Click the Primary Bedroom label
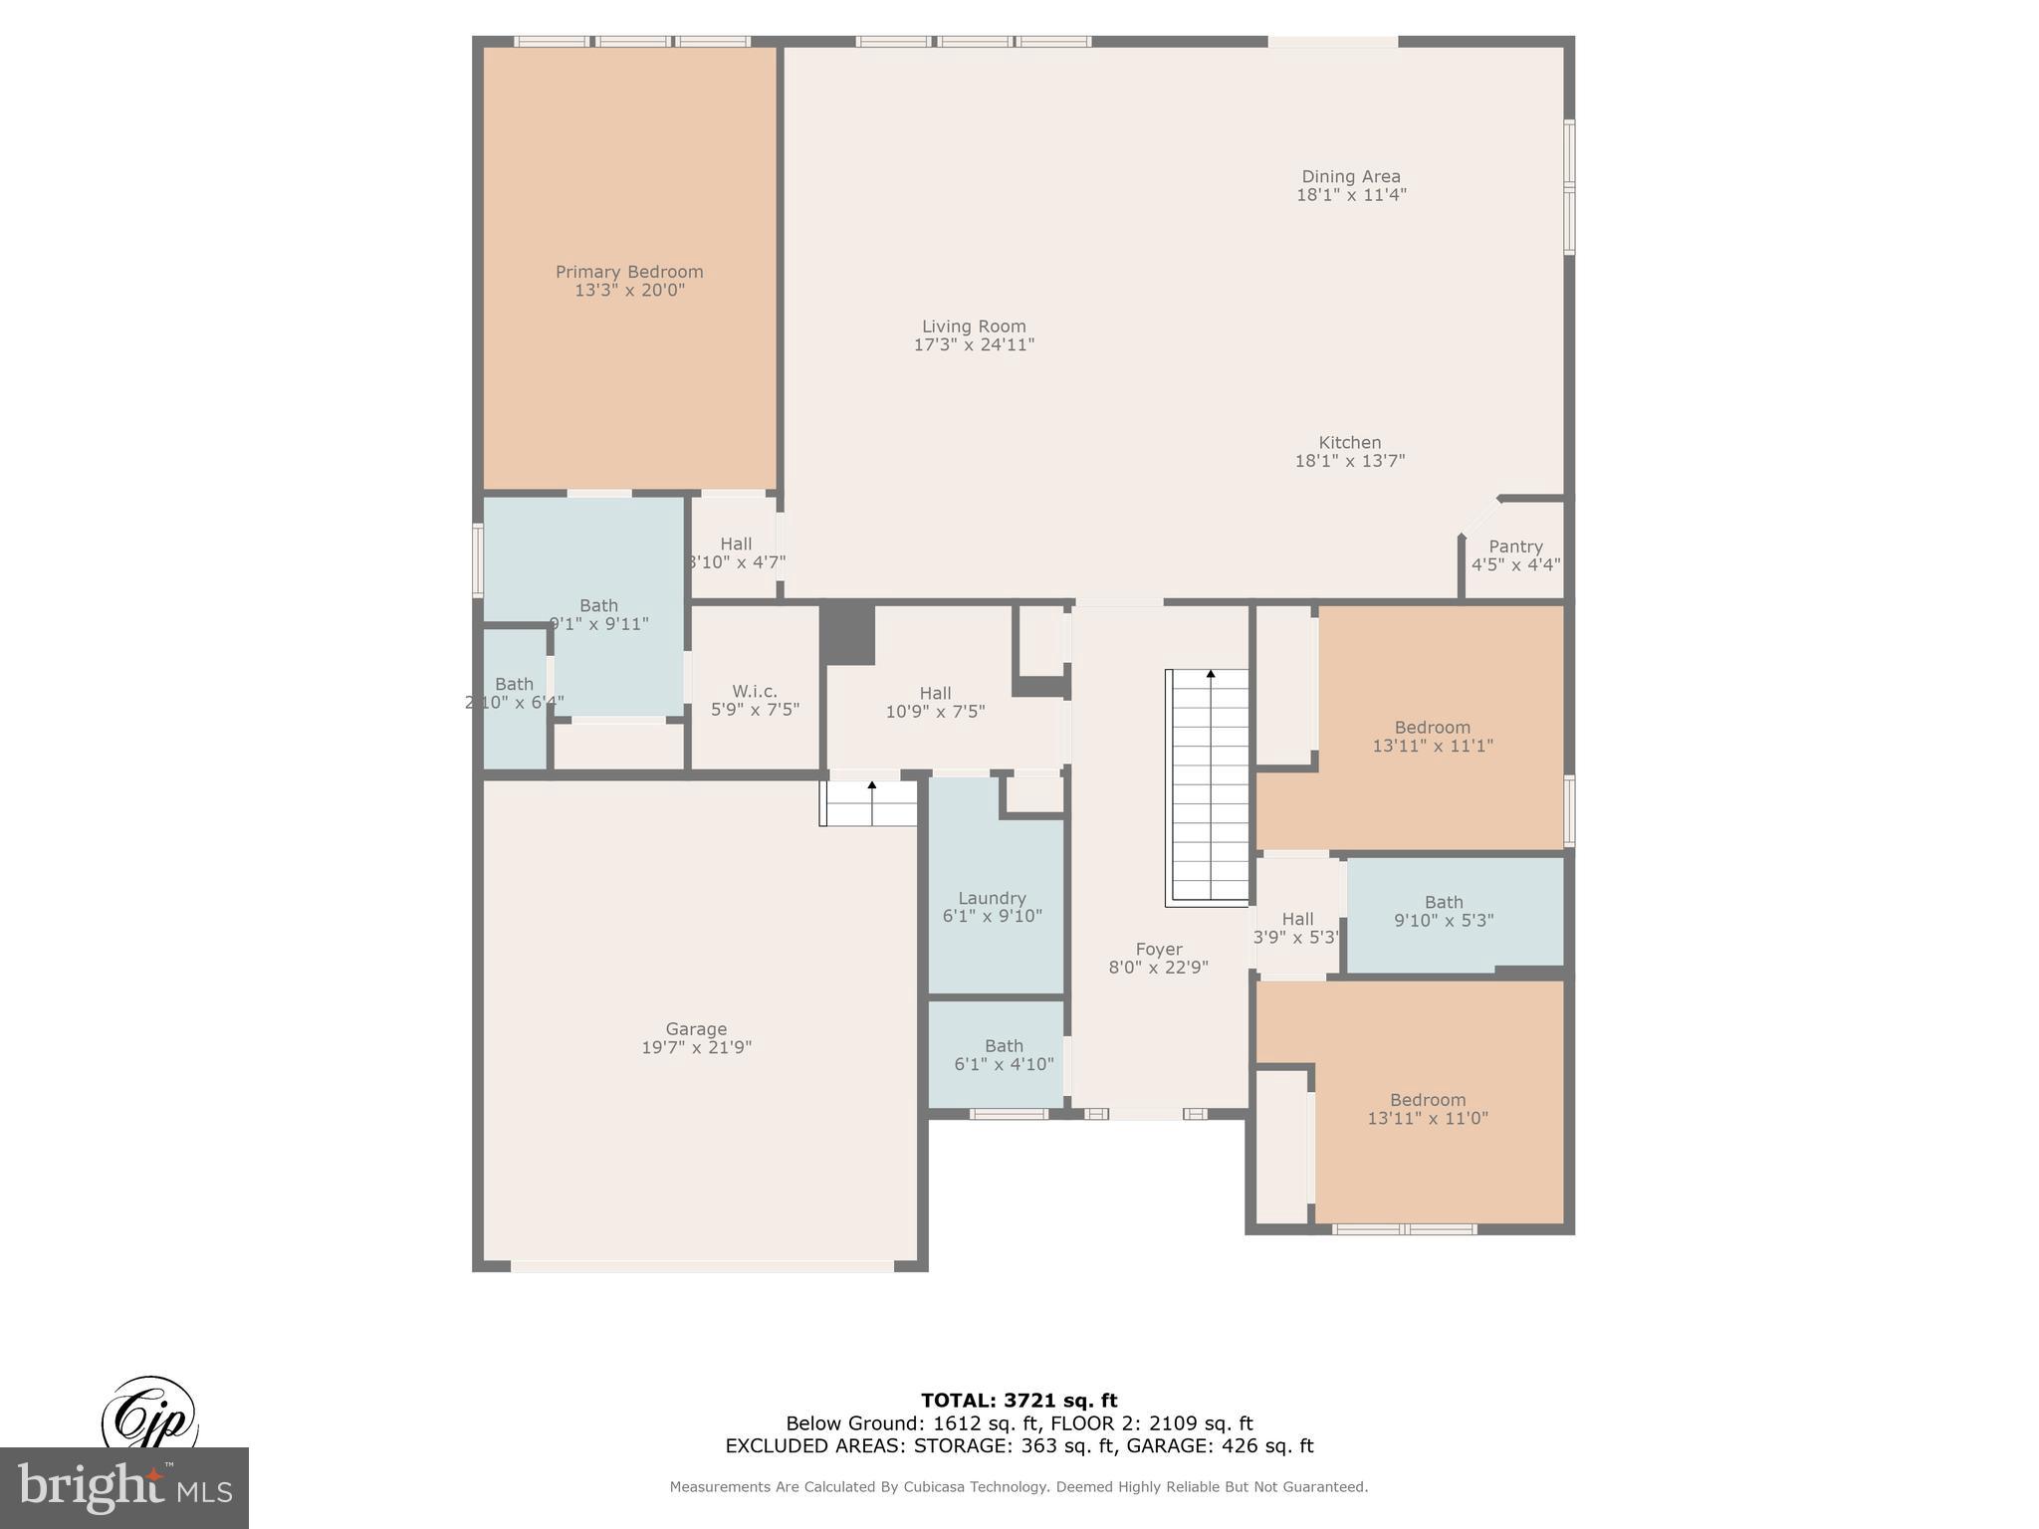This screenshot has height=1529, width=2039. click(629, 272)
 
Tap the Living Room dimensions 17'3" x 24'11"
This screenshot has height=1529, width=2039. click(974, 345)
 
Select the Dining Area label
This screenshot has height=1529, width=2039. click(1351, 177)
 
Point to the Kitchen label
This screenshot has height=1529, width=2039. click(1350, 443)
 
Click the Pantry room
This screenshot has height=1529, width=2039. click(1515, 554)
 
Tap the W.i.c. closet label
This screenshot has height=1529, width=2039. click(755, 691)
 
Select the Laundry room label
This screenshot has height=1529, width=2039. click(992, 898)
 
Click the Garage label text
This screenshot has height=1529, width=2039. click(696, 1029)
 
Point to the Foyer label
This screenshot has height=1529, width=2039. click(1159, 950)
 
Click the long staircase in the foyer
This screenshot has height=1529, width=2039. click(1208, 786)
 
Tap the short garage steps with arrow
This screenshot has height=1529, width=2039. click(869, 803)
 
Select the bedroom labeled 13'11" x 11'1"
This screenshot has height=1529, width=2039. click(1432, 736)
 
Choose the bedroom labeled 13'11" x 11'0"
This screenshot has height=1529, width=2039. click(1428, 1109)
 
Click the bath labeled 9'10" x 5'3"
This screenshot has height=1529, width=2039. click(1444, 912)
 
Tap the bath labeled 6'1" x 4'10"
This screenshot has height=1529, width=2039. click(1004, 1054)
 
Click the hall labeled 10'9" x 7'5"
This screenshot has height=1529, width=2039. click(935, 702)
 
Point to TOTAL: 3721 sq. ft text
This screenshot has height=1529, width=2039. click(1019, 1401)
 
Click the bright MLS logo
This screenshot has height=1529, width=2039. click(124, 1488)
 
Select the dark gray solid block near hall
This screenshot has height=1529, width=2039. click(847, 634)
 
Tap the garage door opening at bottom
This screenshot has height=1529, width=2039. click(702, 1266)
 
